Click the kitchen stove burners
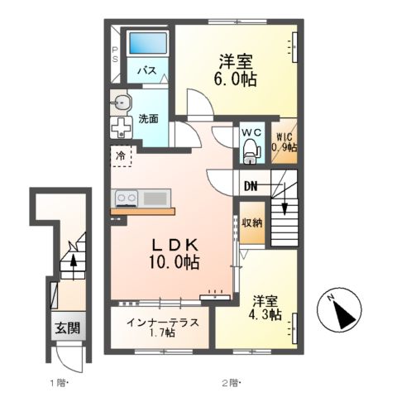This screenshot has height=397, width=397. click(x=127, y=198)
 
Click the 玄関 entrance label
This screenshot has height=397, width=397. click(x=69, y=328)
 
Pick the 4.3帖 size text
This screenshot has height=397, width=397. click(x=264, y=315)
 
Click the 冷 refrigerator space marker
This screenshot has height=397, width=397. click(x=122, y=154)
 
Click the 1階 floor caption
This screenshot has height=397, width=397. click(x=57, y=382)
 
